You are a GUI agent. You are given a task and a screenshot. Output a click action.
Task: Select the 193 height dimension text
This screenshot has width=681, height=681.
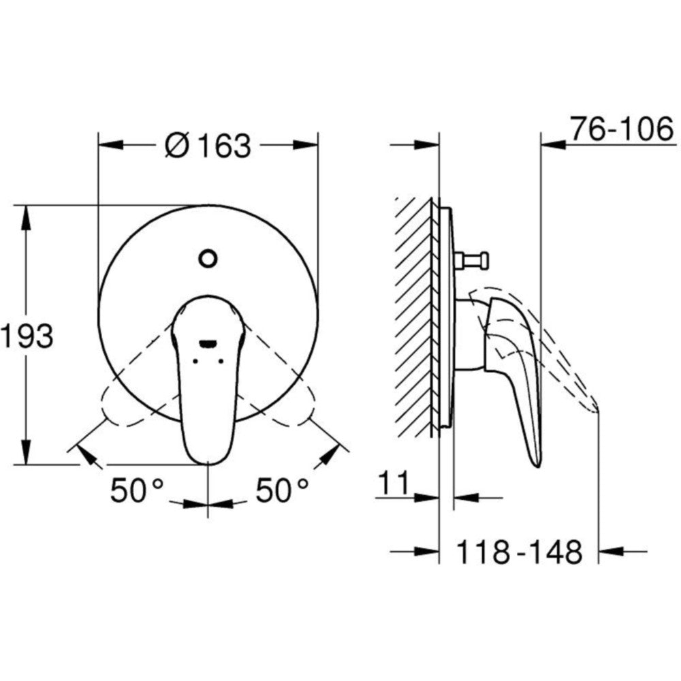tap(27, 336)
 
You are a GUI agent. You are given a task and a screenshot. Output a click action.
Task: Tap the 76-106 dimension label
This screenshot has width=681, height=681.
tap(622, 129)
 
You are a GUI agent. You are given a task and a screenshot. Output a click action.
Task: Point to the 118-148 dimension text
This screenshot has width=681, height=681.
tap(520, 552)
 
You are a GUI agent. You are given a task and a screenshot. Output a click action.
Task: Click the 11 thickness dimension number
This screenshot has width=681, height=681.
tap(394, 483)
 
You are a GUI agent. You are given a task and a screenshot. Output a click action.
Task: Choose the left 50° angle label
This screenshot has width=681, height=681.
tap(137, 490)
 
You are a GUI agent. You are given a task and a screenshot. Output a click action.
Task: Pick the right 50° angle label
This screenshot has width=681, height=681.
tap(282, 490)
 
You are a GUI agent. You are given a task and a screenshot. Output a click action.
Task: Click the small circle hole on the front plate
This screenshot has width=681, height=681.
tap(208, 258)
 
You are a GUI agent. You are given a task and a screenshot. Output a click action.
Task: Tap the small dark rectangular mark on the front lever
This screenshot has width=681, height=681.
tap(208, 344)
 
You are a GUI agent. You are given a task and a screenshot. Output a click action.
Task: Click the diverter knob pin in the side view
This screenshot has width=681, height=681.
tap(472, 261)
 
